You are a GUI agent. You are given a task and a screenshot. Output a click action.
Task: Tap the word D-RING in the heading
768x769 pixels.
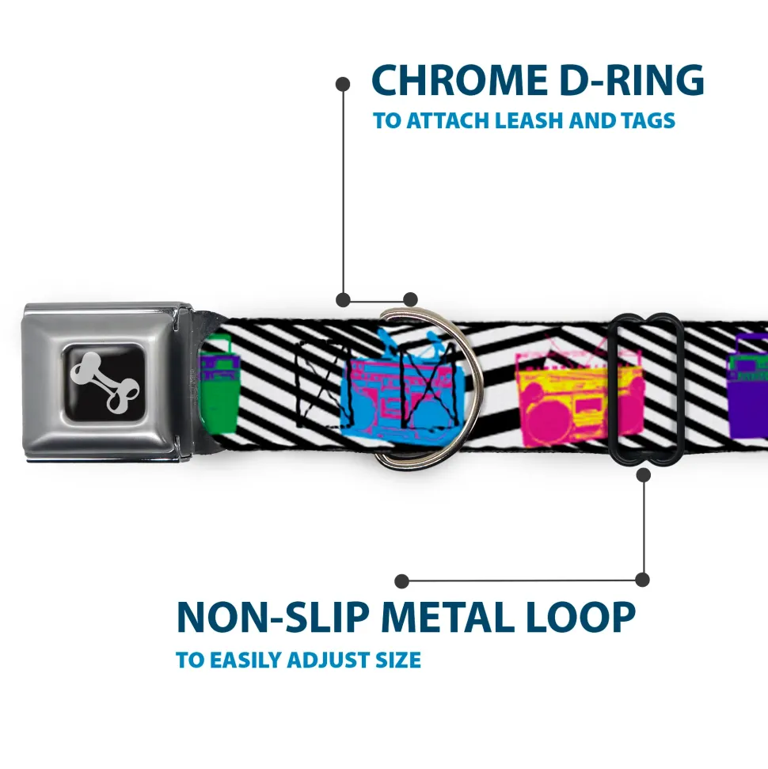(x=625, y=81)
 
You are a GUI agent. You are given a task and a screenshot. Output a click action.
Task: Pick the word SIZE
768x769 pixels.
(x=398, y=660)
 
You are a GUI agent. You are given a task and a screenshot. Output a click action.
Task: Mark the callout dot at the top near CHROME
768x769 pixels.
(x=343, y=82)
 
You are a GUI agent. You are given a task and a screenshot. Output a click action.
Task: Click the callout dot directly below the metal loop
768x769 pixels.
(x=643, y=474)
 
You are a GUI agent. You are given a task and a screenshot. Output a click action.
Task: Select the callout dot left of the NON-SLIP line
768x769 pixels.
(x=402, y=581)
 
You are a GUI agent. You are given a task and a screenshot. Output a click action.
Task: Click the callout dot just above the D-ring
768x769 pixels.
(x=409, y=299)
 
